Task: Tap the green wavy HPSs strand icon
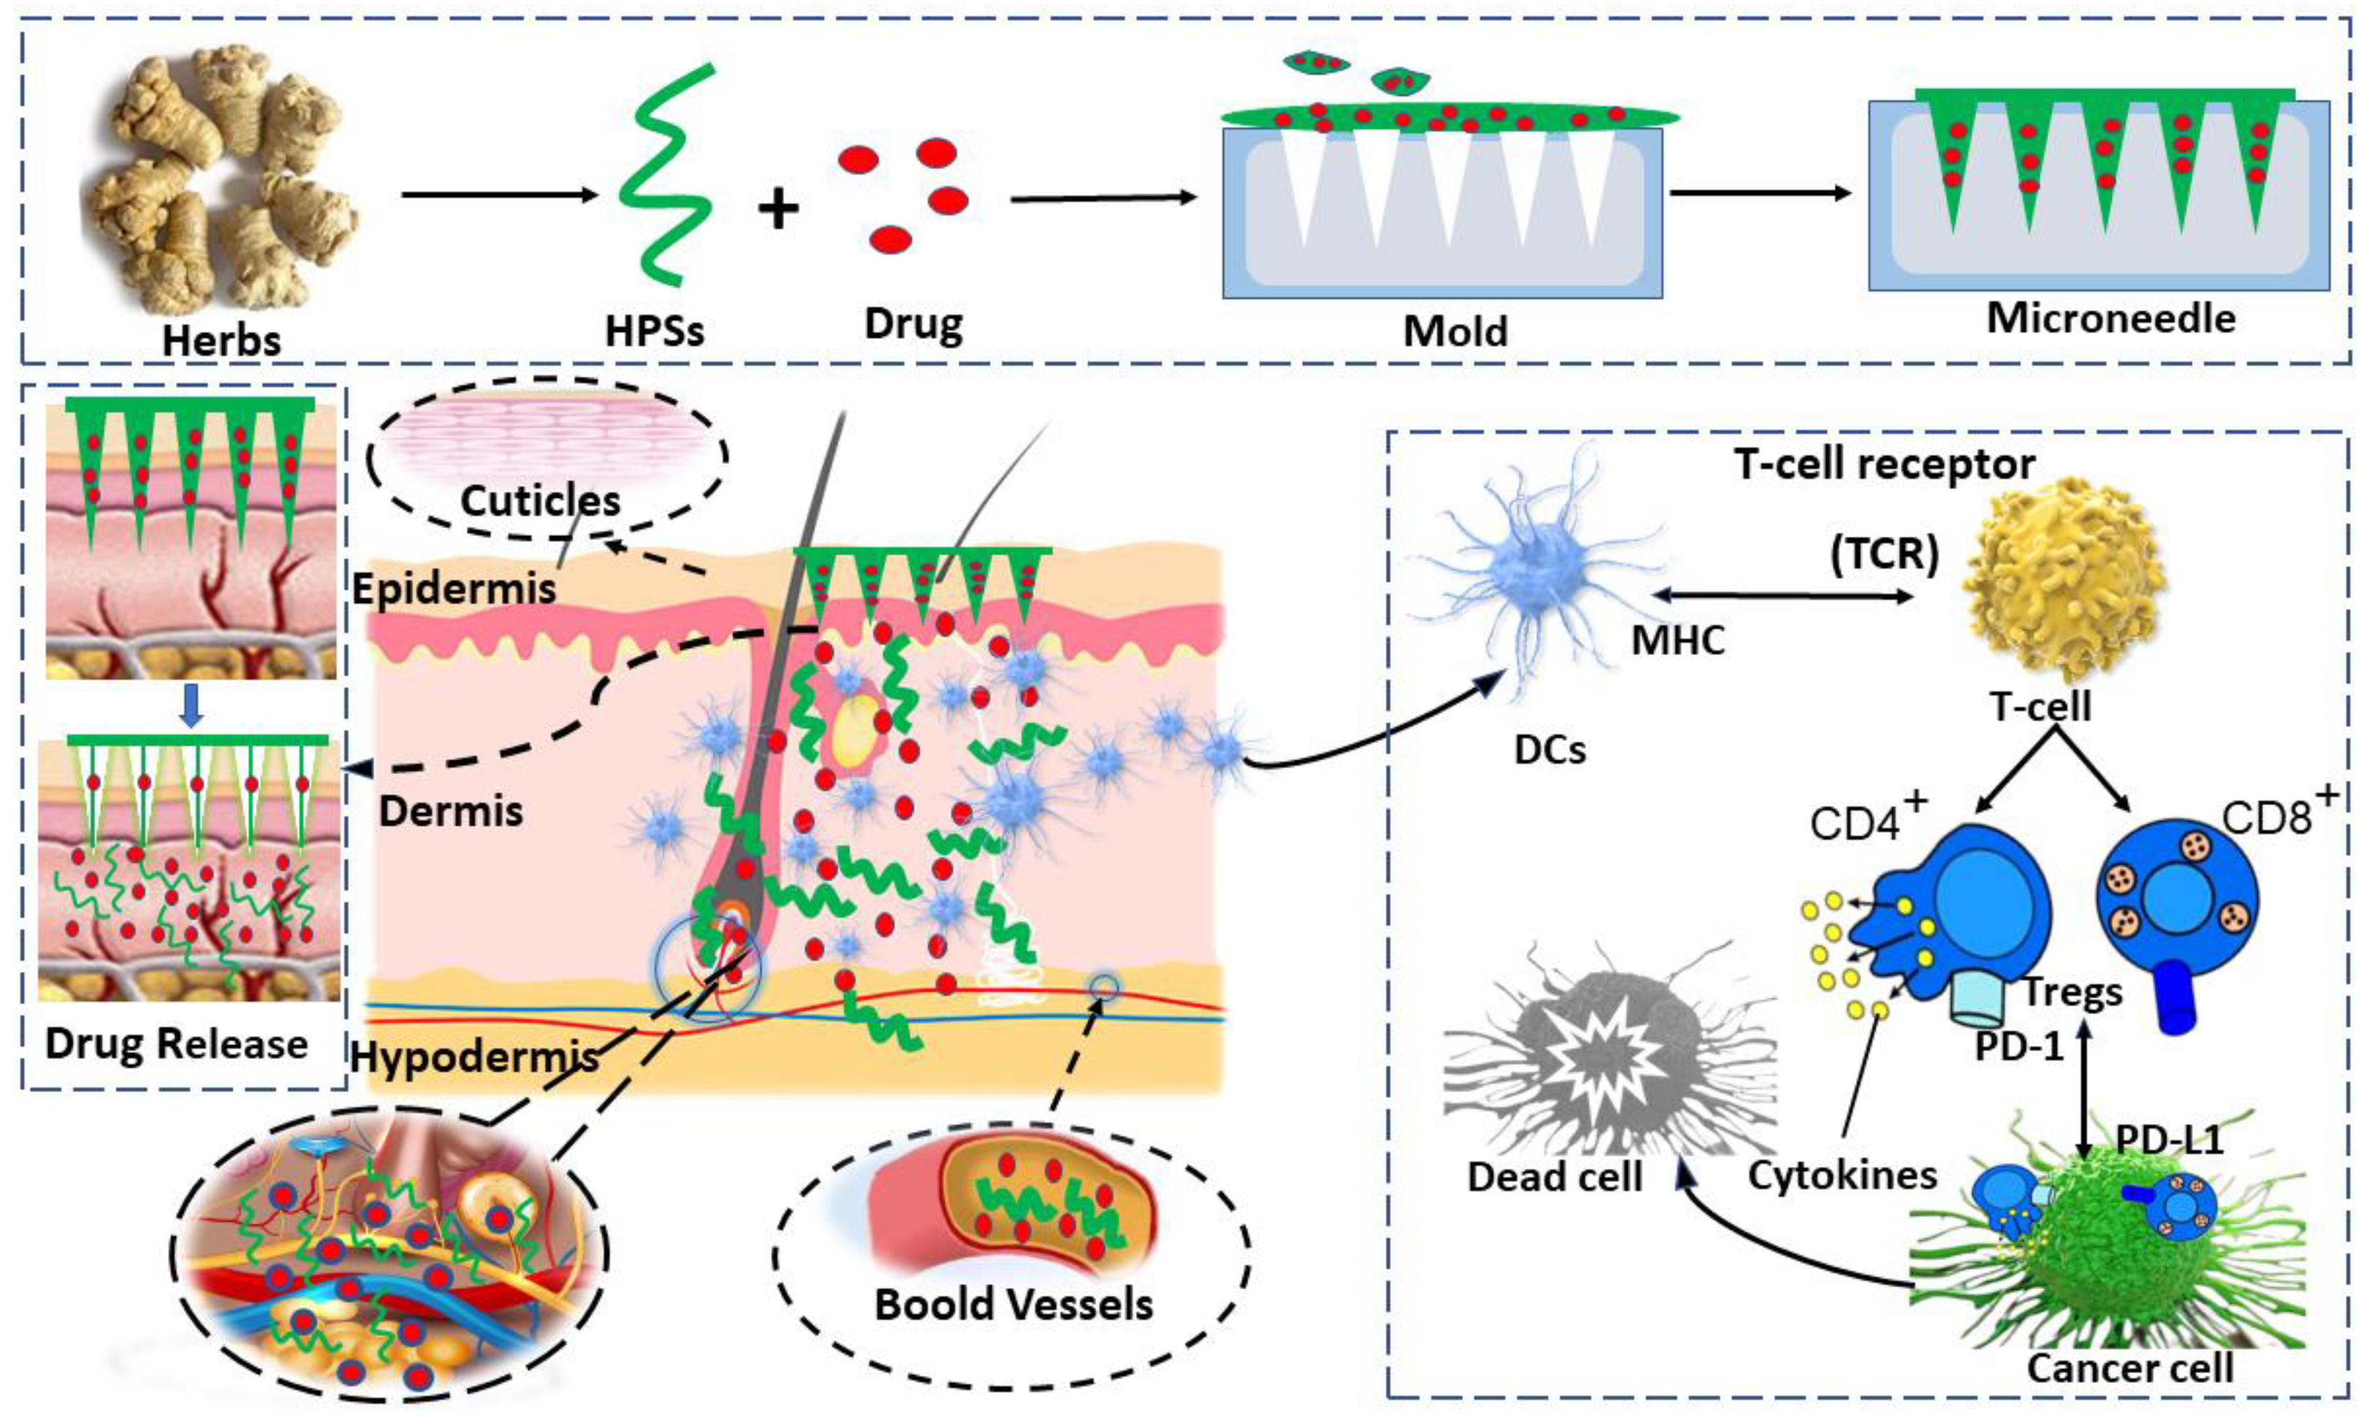pos(666,176)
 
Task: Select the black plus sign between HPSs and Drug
pos(778,208)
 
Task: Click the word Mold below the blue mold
pos(1455,331)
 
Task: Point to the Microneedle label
pos(2111,318)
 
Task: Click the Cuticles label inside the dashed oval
pos(540,500)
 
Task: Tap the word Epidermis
pos(453,588)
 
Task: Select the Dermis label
pos(451,812)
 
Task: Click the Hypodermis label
pos(474,1057)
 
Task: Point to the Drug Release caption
pos(176,1043)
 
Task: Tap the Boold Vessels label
pos(1013,1304)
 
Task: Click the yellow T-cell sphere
pos(2063,584)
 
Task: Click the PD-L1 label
pos(2168,1140)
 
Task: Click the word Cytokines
pos(1842,1175)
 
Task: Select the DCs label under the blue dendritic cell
pos(1550,750)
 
